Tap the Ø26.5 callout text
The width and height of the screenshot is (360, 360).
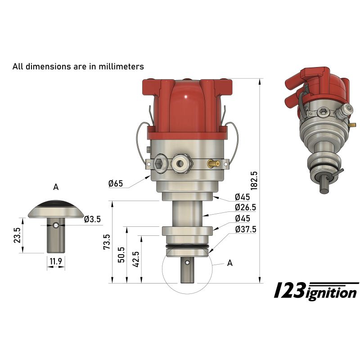tap(245, 207)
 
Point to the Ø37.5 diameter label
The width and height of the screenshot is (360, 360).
tap(245, 229)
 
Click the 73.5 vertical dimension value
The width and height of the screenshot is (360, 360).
tap(107, 242)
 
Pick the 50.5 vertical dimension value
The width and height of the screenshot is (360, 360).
tap(121, 255)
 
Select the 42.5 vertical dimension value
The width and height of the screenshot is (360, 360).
tap(136, 259)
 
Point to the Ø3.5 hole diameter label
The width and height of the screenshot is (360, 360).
tap(92, 220)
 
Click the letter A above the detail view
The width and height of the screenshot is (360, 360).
tap(56, 187)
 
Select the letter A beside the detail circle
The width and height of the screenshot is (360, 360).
tap(229, 264)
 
